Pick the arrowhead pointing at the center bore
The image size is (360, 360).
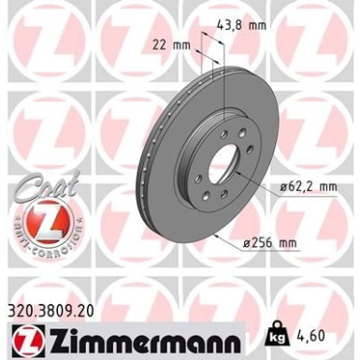pyautogui.click(x=241, y=176)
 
